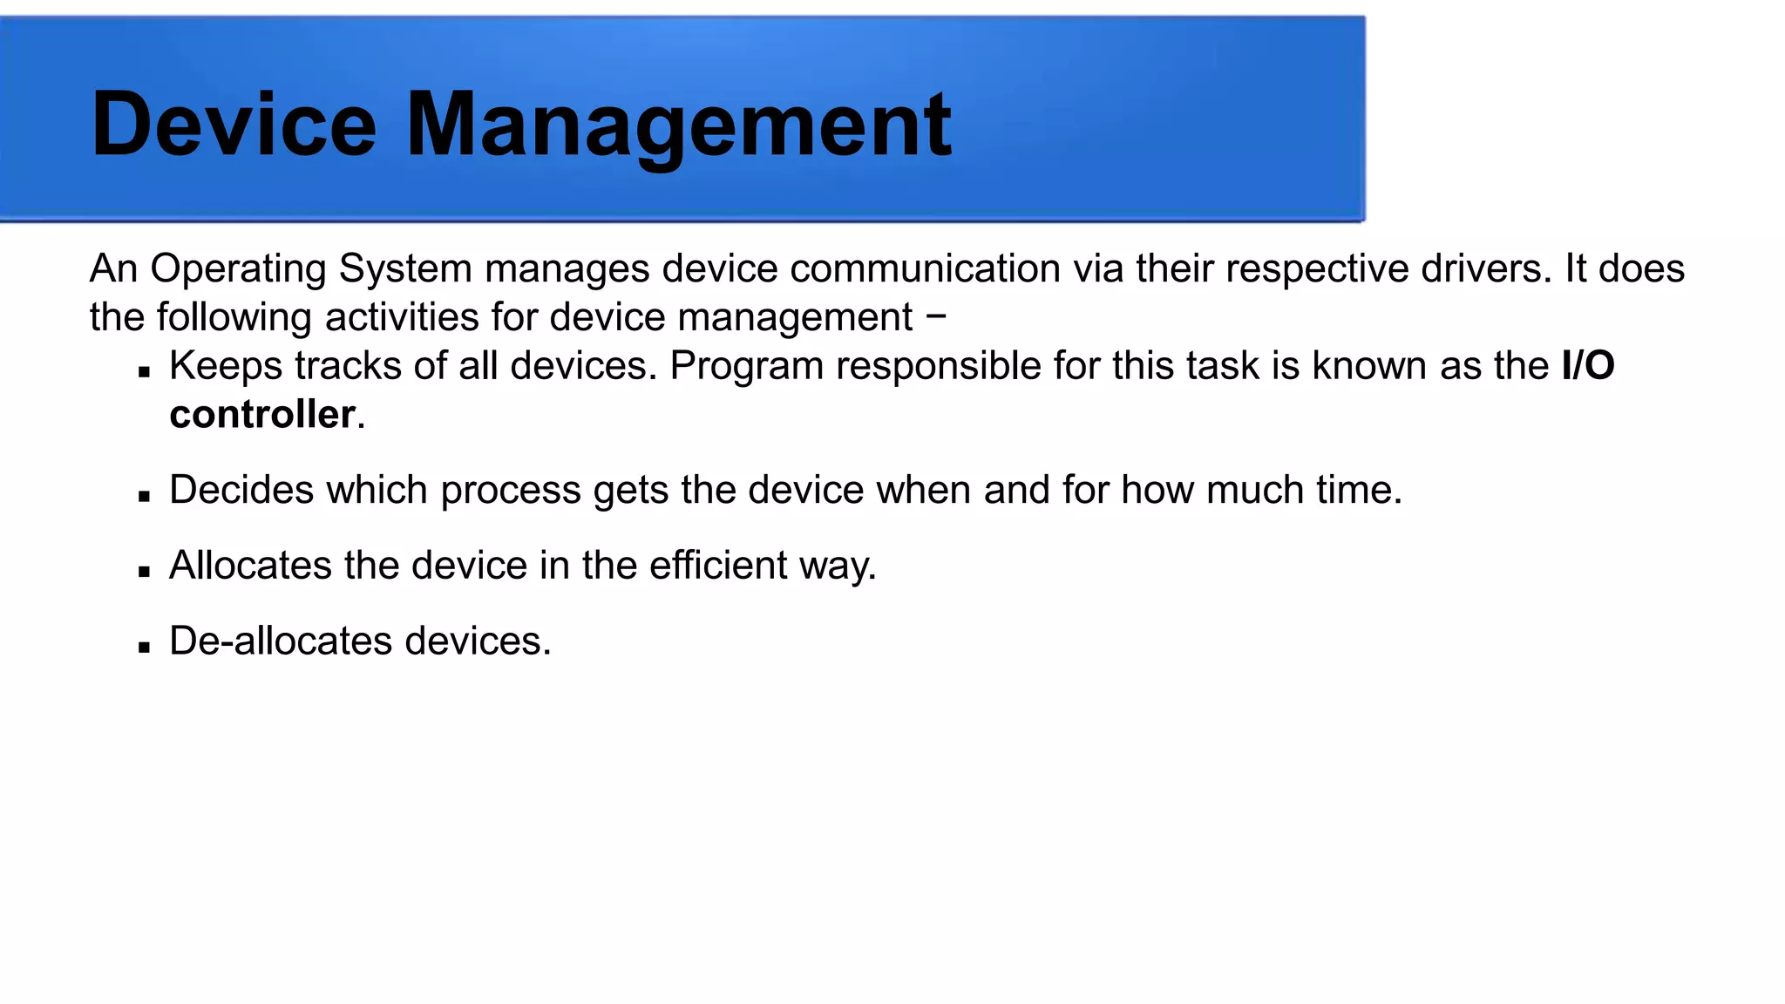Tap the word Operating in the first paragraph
click(x=238, y=269)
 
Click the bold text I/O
click(x=1588, y=365)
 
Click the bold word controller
click(x=261, y=414)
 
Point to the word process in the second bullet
click(x=510, y=491)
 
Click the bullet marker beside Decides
click(x=145, y=497)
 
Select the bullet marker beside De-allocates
click(x=145, y=648)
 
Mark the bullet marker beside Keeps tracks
click(x=145, y=372)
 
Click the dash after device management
click(x=937, y=315)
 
